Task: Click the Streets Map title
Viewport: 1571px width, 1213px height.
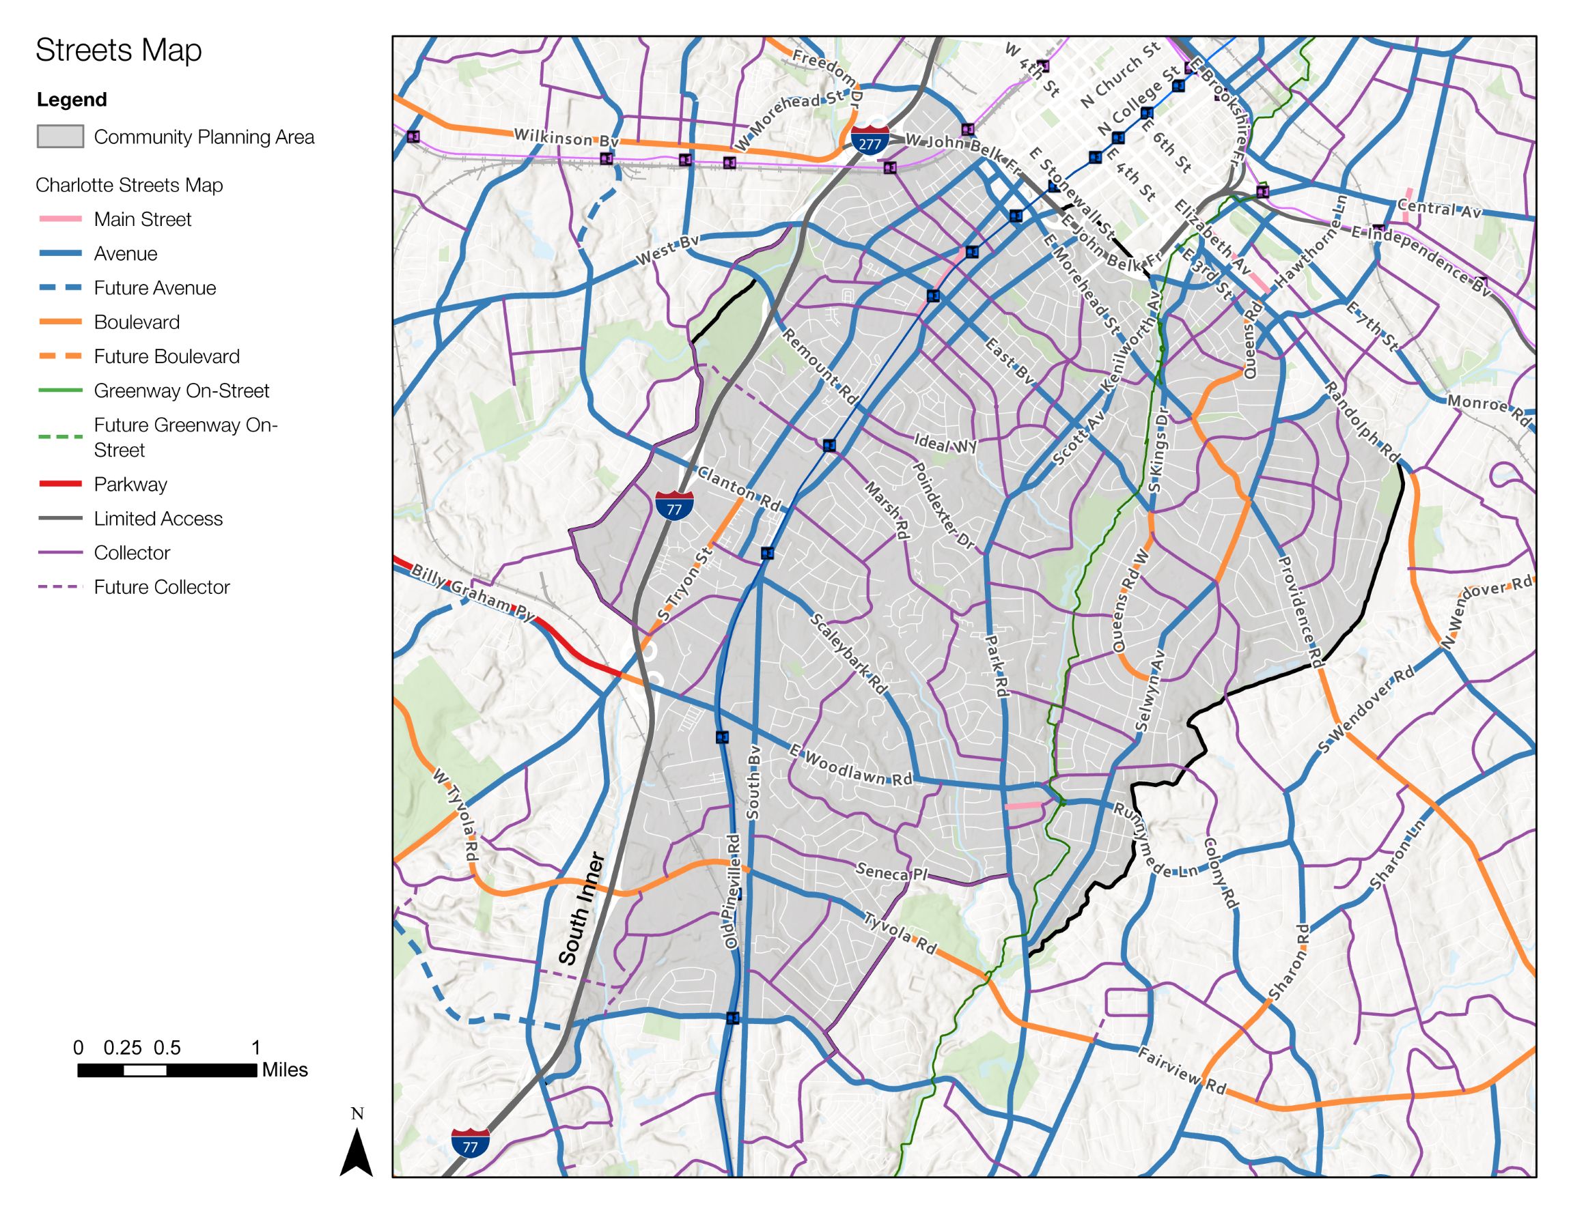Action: [x=119, y=51]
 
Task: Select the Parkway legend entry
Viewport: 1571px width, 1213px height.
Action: [x=130, y=485]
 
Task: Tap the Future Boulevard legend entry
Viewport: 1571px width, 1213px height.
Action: [x=166, y=356]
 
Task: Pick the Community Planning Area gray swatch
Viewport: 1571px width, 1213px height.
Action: [x=60, y=137]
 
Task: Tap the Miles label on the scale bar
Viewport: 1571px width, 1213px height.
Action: [x=284, y=1070]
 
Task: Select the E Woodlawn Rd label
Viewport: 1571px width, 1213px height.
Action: [x=850, y=765]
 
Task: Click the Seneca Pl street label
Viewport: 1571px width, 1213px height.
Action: [x=891, y=872]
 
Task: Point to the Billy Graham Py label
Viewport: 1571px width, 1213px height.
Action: [x=473, y=593]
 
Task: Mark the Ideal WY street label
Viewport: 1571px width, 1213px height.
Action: [x=945, y=444]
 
